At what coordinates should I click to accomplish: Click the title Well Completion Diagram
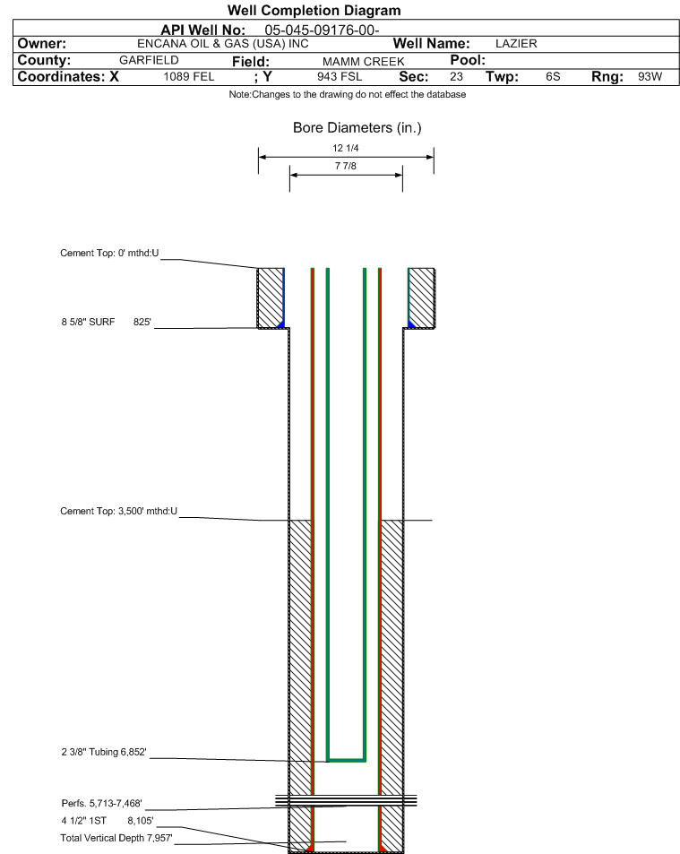pos(314,11)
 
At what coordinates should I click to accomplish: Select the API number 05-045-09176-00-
pos(322,30)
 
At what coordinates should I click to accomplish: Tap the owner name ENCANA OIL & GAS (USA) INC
pos(223,44)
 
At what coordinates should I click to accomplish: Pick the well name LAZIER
pos(516,44)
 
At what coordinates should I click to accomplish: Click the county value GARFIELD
pos(150,60)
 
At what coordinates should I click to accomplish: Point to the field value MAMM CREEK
pos(363,62)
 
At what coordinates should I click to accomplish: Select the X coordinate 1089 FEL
pos(189,76)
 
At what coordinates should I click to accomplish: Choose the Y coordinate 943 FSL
pos(340,76)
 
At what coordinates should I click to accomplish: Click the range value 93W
pos(650,76)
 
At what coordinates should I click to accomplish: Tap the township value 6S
pos(553,76)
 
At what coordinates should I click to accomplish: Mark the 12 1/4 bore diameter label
pos(346,148)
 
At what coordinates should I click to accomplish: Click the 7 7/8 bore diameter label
pos(346,166)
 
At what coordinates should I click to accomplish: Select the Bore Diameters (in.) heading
pos(357,127)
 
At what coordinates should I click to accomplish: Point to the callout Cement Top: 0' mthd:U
pos(109,253)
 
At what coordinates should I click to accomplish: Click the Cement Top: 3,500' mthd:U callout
pos(118,511)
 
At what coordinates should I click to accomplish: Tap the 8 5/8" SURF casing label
pos(88,322)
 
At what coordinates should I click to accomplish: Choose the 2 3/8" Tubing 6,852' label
pos(104,752)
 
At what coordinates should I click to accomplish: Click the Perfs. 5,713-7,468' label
pos(102,803)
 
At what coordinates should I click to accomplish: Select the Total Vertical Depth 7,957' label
pos(116,838)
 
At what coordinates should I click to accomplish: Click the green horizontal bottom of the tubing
pos(346,760)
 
